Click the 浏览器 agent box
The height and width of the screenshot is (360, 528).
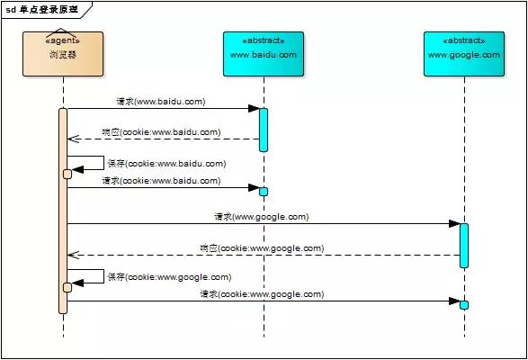(x=63, y=54)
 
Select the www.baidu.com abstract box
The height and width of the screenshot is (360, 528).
(x=263, y=54)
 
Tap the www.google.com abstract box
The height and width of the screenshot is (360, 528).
(x=464, y=54)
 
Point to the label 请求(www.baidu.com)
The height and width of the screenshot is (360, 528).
(x=160, y=102)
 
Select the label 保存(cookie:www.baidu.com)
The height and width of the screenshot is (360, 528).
(x=166, y=164)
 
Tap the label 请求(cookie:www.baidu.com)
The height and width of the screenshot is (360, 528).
(x=160, y=181)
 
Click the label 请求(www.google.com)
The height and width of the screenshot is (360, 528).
(x=261, y=217)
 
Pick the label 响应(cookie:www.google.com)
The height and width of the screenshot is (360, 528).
(x=261, y=248)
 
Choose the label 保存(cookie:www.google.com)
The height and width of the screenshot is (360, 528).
(x=168, y=277)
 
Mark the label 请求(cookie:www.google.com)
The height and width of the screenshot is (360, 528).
(x=261, y=294)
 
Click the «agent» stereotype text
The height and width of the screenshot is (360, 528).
(x=63, y=41)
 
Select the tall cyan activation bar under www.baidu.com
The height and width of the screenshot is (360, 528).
(x=264, y=130)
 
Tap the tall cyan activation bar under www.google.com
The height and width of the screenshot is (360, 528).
(x=464, y=245)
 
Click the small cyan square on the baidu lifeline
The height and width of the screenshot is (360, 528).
(x=264, y=191)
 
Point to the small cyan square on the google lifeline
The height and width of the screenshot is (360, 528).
(x=464, y=304)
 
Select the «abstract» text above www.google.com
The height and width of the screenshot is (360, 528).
(x=464, y=41)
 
